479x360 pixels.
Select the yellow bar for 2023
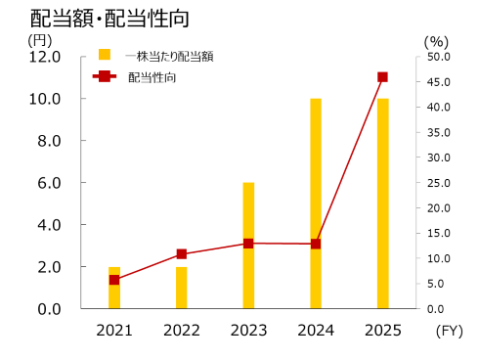click(x=248, y=246)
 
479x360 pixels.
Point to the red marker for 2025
click(x=382, y=76)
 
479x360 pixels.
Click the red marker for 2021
click(x=114, y=280)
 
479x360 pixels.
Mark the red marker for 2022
click(x=181, y=254)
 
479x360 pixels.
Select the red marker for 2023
click(x=248, y=243)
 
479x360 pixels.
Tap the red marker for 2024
click(x=316, y=244)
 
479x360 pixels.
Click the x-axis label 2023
click(x=248, y=331)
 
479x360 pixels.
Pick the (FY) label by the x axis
click(x=449, y=331)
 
